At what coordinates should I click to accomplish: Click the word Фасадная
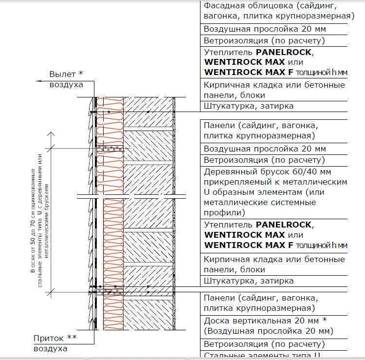click(222, 6)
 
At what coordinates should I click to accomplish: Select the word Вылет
click(62, 74)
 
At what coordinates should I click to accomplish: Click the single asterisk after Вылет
click(81, 74)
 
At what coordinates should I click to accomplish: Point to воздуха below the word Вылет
click(66, 84)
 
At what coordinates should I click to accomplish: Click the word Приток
click(49, 338)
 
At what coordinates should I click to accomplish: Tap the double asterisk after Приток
click(72, 337)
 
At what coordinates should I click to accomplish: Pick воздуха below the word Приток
click(50, 348)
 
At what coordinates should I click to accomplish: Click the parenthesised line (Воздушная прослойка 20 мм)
click(269, 331)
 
